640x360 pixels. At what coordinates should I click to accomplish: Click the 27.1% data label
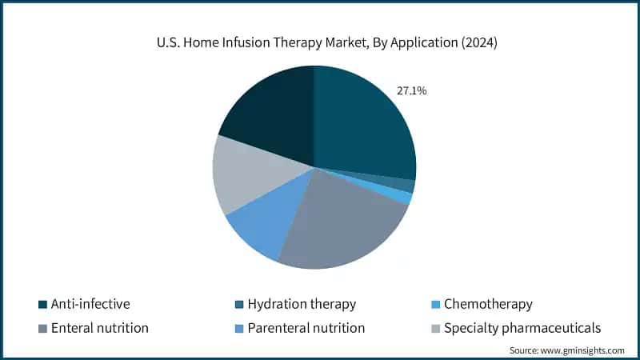[x=411, y=91]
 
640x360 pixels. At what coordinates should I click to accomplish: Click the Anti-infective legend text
[x=90, y=304]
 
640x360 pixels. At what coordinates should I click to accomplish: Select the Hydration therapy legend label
[x=302, y=304]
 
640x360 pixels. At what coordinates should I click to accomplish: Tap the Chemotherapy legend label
[x=488, y=304]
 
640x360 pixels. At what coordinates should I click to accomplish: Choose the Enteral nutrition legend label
[x=100, y=328]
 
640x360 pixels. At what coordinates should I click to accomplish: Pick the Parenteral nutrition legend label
[x=306, y=328]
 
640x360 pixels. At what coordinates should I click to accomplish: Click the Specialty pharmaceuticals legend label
[x=522, y=328]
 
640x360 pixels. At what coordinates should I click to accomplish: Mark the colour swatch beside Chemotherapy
[x=435, y=305]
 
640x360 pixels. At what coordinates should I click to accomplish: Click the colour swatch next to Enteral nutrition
[x=42, y=329]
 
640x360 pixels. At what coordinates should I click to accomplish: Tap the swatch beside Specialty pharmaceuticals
[x=435, y=329]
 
